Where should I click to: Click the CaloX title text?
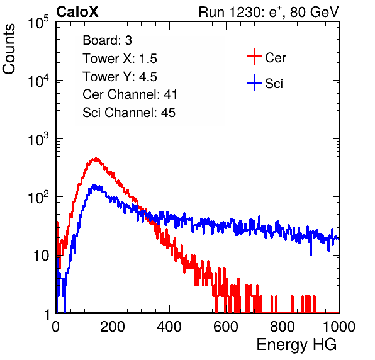(77, 12)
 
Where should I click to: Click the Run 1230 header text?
(269, 12)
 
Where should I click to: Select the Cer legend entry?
(266, 57)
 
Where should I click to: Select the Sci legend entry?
(265, 84)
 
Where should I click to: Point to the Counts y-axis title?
(9, 49)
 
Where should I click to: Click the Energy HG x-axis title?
(296, 344)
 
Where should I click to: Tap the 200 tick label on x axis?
(113, 327)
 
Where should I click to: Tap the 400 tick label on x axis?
(169, 327)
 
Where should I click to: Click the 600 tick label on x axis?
(226, 327)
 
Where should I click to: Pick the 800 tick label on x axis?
(283, 327)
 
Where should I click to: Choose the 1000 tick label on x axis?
(339, 327)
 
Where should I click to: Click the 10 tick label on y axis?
(42, 256)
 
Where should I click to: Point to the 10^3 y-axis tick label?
(39, 138)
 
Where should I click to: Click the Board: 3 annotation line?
(108, 40)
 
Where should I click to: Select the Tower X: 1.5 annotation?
(120, 59)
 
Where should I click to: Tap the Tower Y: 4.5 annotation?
(120, 77)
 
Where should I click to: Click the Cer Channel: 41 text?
(130, 94)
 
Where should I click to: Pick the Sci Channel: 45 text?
(129, 113)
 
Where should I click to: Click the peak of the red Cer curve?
(96, 159)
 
